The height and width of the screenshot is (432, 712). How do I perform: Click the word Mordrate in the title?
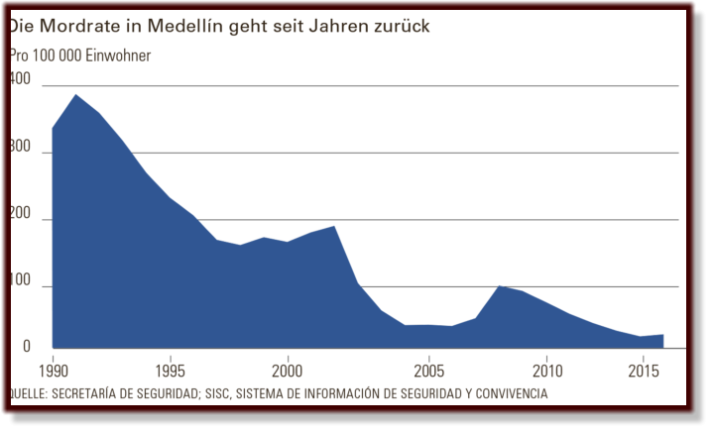[90, 27]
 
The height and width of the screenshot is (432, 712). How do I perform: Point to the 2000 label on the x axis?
[288, 372]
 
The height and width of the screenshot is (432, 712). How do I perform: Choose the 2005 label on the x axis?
[428, 372]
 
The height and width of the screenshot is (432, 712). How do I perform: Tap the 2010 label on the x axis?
[546, 372]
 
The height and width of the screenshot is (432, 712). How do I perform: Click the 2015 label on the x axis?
[646, 372]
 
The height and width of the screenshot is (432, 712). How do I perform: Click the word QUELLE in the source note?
[31, 393]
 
